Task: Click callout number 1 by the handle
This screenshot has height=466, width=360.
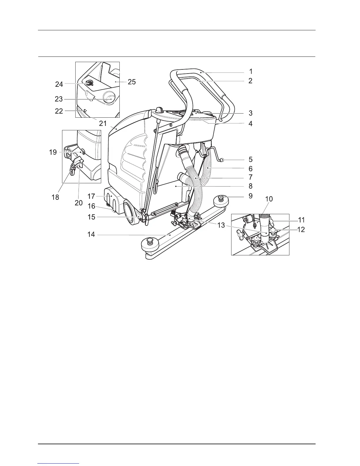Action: tap(251, 71)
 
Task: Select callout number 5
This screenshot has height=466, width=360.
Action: tap(251, 160)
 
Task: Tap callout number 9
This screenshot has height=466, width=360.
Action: tap(251, 196)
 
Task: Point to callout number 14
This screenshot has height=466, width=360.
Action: tap(91, 235)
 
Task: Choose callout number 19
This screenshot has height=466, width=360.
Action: tap(53, 152)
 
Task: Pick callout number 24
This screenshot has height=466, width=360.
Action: tap(59, 84)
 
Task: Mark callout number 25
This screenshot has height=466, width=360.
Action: tap(132, 81)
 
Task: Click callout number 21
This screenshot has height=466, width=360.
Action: tap(103, 124)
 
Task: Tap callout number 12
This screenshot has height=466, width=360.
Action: tap(301, 229)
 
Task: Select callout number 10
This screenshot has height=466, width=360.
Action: tap(269, 199)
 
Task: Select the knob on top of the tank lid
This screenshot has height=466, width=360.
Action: tap(160, 110)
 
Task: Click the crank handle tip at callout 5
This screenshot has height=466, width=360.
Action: tap(222, 160)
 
